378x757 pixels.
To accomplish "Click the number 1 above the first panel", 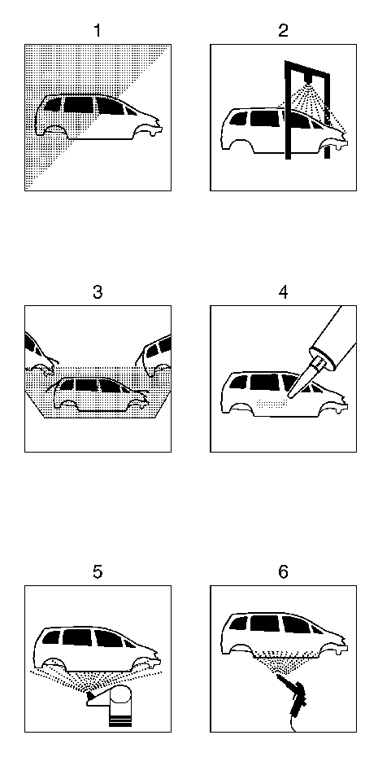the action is [x=98, y=31].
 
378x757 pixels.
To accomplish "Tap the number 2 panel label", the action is [x=283, y=31].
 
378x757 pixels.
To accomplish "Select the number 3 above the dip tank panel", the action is [x=98, y=292].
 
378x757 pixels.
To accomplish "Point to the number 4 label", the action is [x=283, y=292].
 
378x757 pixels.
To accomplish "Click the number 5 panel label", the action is [x=98, y=572].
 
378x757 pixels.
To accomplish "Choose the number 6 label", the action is [x=283, y=572].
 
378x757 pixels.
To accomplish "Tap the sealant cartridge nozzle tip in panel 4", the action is [x=289, y=396].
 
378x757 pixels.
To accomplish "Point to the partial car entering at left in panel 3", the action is [x=40, y=352].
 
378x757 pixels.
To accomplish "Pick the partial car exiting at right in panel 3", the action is [x=154, y=356].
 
